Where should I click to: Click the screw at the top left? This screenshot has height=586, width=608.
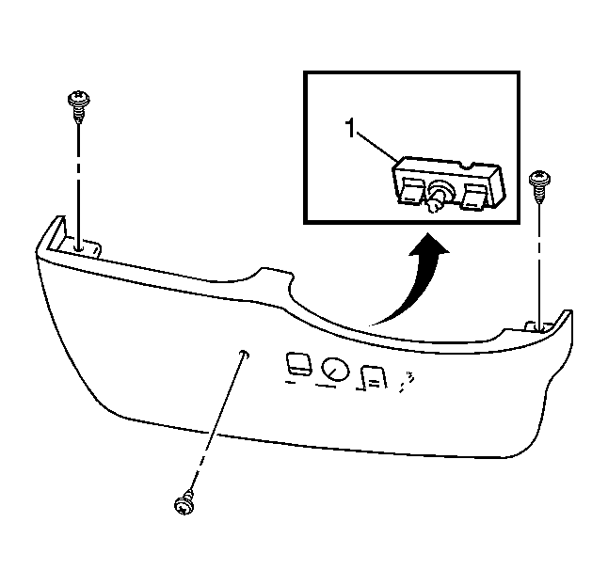(x=79, y=105)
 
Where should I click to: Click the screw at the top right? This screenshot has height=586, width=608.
(x=539, y=186)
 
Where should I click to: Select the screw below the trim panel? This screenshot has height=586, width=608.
(x=184, y=502)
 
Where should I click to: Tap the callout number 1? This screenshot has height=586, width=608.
(x=350, y=128)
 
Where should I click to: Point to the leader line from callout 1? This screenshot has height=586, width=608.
(x=376, y=147)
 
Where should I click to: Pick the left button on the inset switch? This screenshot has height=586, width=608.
(x=411, y=190)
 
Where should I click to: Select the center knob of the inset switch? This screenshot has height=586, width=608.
(x=439, y=196)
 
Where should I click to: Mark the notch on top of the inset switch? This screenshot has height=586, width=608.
(x=469, y=166)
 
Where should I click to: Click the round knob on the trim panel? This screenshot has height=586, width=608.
(x=335, y=370)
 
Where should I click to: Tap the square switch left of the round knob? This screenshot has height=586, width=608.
(x=298, y=363)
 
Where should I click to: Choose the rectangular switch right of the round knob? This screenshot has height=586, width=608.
(x=374, y=377)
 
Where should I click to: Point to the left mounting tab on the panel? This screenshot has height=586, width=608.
(x=81, y=248)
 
